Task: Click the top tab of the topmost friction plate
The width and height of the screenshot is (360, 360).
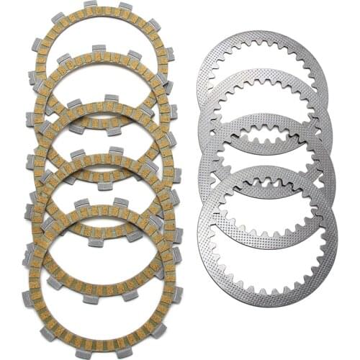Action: [90, 5]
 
